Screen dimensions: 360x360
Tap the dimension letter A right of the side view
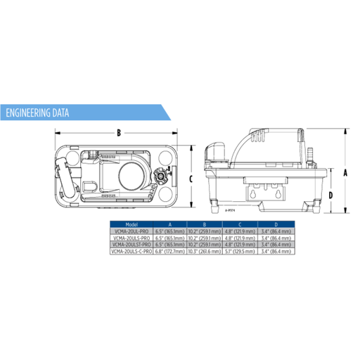point(345,171)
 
